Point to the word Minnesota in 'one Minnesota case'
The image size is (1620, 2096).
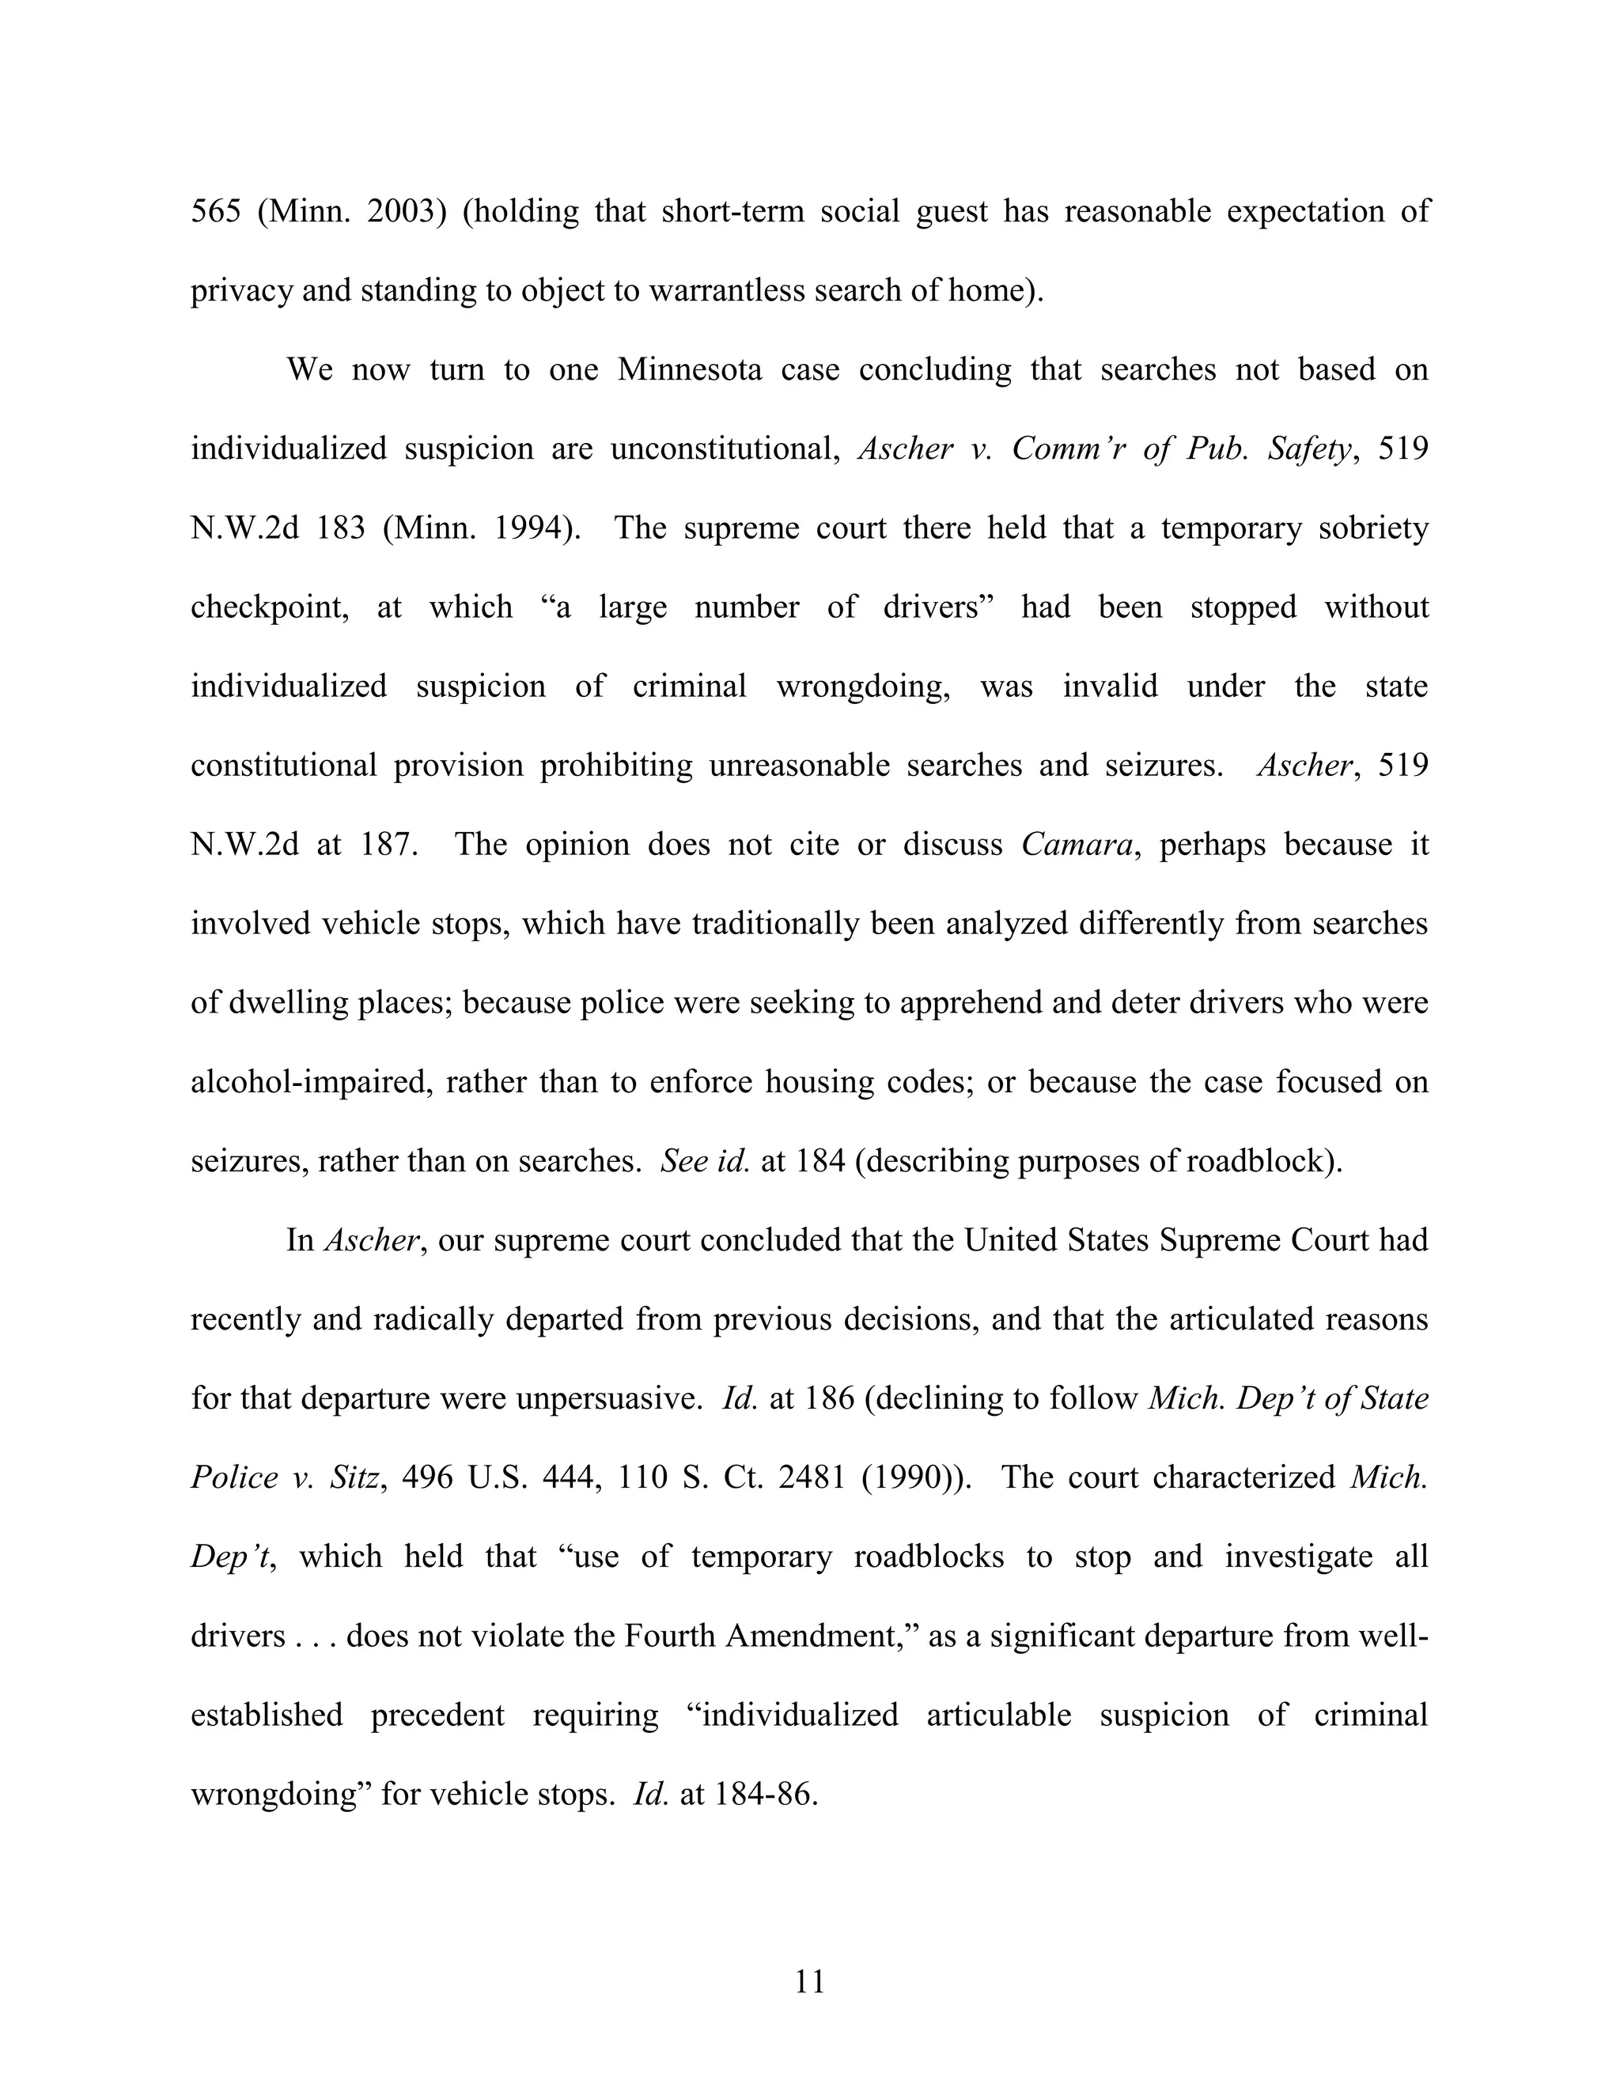(689, 369)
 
